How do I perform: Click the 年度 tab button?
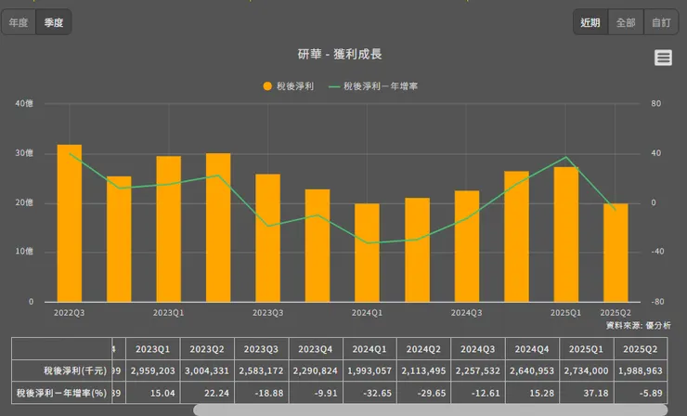tap(19, 22)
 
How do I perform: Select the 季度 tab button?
tap(54, 22)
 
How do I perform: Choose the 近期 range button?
tap(590, 22)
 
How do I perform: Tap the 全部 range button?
tap(626, 22)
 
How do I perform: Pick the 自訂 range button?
tap(660, 22)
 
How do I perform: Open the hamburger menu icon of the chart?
tap(663, 58)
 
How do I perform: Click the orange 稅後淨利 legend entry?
tap(289, 85)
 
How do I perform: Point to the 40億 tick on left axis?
tap(24, 103)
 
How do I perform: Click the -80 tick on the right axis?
tap(655, 302)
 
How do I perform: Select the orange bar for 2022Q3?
tap(70, 223)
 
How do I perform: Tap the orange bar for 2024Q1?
tap(367, 253)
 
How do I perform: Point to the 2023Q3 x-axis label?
tap(267, 313)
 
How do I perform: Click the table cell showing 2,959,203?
tap(153, 370)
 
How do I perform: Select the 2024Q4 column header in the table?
tap(534, 349)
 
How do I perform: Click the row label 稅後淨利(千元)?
tap(60, 370)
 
